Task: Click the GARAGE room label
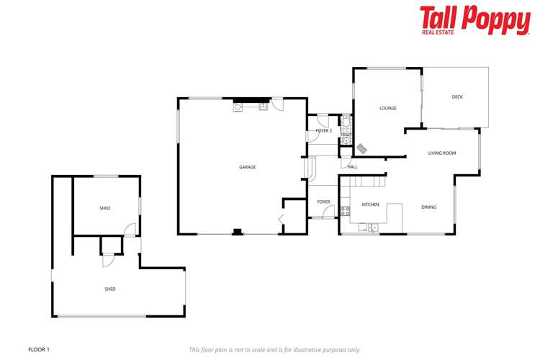pyautogui.click(x=248, y=167)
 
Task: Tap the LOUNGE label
pyautogui.click(x=388, y=108)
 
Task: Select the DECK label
pyautogui.click(x=457, y=96)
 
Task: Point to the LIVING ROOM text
pyautogui.click(x=442, y=153)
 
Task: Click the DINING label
pyautogui.click(x=428, y=207)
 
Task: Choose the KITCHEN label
pyautogui.click(x=370, y=204)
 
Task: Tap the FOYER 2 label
pyautogui.click(x=323, y=131)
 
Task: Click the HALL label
pyautogui.click(x=352, y=167)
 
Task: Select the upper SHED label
pyautogui.click(x=105, y=208)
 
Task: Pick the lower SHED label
pyautogui.click(x=110, y=289)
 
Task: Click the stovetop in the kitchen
pyautogui.click(x=345, y=211)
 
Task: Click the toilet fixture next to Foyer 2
pyautogui.click(x=346, y=139)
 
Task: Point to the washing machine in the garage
pyautogui.click(x=237, y=108)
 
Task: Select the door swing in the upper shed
pyautogui.click(x=129, y=230)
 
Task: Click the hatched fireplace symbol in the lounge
pyautogui.click(x=361, y=148)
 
